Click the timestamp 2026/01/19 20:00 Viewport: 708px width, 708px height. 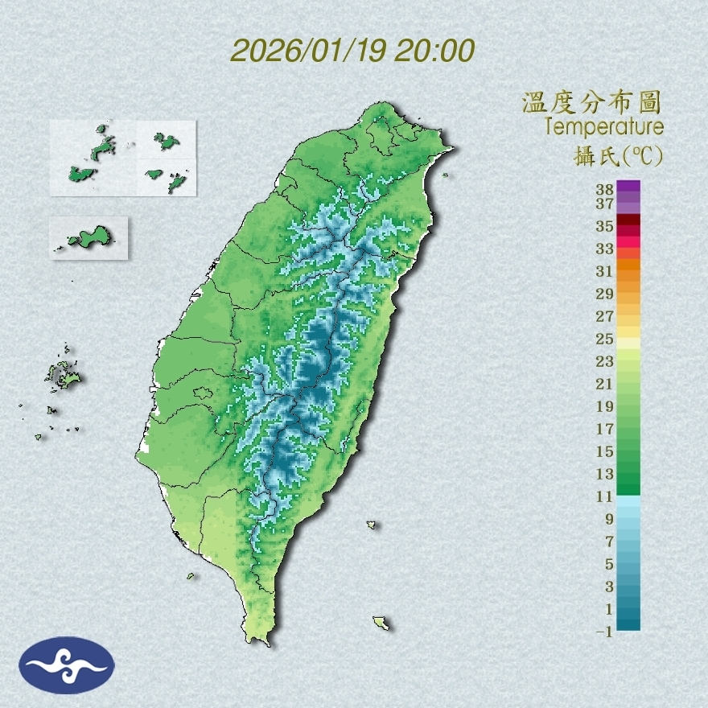(352, 51)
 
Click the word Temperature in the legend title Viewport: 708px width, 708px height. (603, 127)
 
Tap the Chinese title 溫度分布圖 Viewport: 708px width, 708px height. (592, 102)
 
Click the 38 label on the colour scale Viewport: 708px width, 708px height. (605, 190)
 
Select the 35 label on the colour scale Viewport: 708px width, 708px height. (605, 226)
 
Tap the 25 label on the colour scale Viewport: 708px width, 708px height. (605, 339)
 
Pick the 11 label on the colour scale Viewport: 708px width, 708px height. (605, 496)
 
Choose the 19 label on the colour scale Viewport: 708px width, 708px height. (605, 406)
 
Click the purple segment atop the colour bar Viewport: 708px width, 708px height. (629, 186)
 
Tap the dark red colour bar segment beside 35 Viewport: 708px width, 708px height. (629, 220)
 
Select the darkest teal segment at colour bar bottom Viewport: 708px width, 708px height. (629, 623)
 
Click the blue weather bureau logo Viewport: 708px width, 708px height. (67, 665)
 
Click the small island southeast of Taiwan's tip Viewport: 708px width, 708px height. (381, 623)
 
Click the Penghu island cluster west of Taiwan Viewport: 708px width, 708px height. (62, 375)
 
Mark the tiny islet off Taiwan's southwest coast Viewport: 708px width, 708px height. (191, 575)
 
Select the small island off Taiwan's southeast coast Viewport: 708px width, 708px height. (372, 525)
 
